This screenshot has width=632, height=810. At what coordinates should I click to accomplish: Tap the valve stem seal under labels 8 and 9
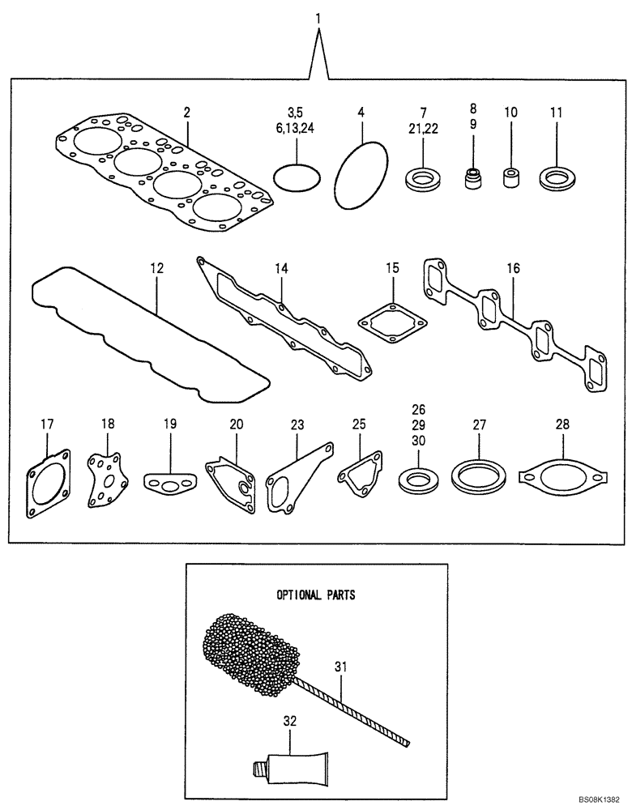click(472, 177)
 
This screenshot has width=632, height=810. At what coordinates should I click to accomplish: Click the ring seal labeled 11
click(557, 177)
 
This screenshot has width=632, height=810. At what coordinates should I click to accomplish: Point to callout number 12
click(157, 266)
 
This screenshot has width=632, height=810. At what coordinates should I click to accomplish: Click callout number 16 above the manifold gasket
click(513, 266)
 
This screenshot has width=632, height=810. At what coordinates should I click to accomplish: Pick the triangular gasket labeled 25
click(355, 475)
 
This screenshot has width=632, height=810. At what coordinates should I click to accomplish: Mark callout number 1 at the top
click(318, 17)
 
